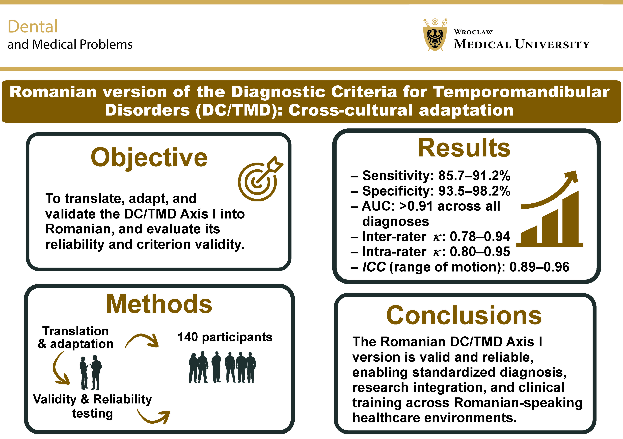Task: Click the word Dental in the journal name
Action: [33, 27]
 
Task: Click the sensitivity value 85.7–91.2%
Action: [474, 176]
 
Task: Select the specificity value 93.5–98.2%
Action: [474, 191]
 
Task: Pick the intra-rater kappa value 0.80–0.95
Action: [480, 252]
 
